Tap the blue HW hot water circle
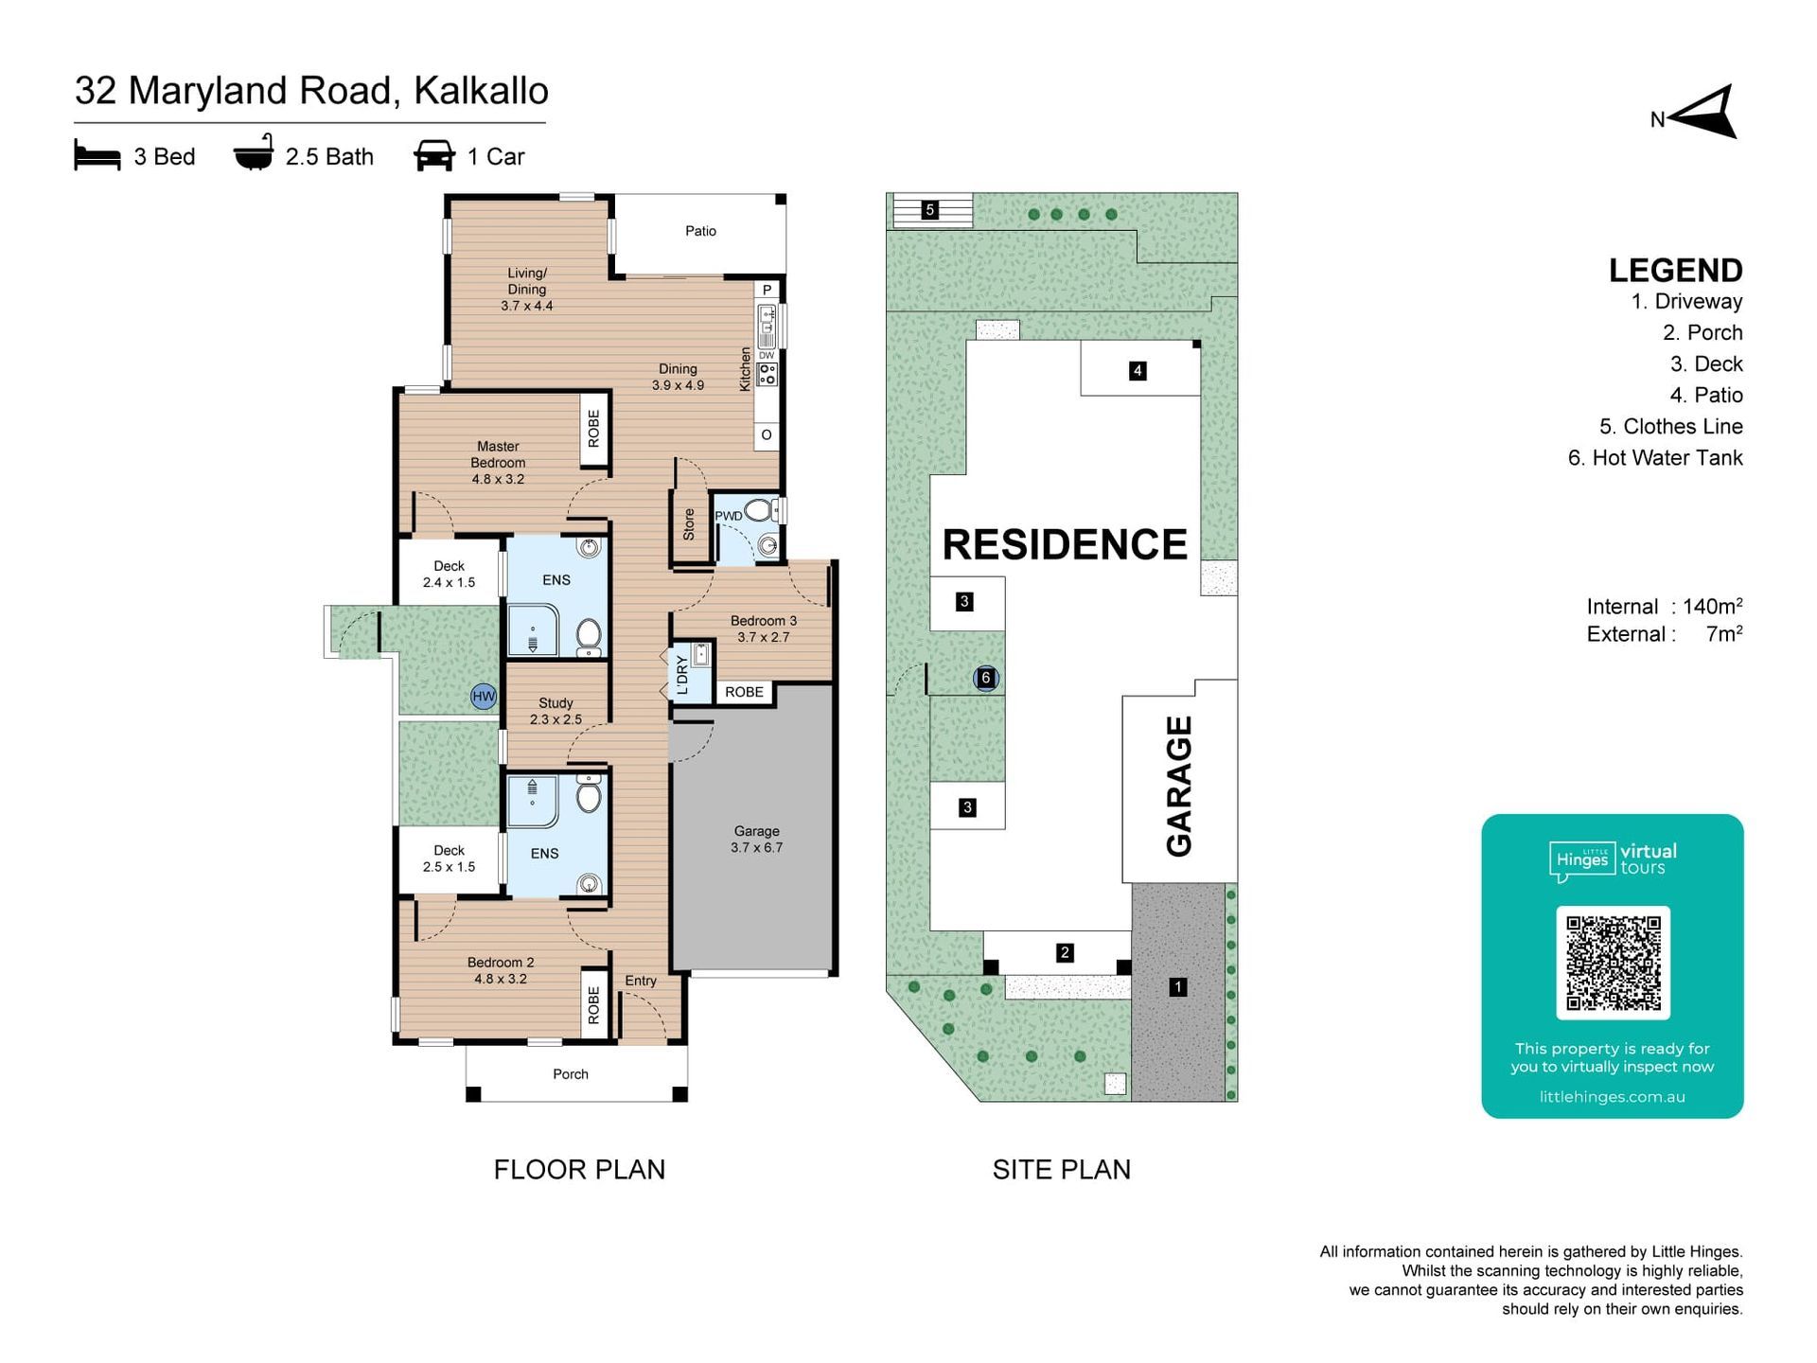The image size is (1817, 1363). [x=484, y=697]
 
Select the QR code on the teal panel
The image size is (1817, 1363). [x=1613, y=963]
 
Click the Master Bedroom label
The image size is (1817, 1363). [x=498, y=462]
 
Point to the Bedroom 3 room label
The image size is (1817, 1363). [x=763, y=628]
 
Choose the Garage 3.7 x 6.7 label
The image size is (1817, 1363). [x=756, y=839]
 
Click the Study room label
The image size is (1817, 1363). [x=556, y=711]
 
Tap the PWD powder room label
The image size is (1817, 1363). [x=728, y=516]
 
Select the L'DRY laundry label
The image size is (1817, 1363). [x=682, y=675]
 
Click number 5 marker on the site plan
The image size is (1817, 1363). [x=930, y=210]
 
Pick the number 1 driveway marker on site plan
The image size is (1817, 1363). [x=1177, y=987]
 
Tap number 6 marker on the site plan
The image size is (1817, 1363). [x=986, y=678]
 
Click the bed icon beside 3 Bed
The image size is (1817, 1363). [x=97, y=155]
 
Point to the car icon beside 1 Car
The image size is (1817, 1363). [x=434, y=155]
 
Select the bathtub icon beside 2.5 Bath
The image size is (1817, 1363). [x=254, y=152]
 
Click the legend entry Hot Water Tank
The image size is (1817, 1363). [x=1655, y=458]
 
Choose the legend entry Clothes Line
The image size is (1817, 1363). [x=1671, y=427]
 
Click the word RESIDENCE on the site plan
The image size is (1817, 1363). [x=1065, y=544]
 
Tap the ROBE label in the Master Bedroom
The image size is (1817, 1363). [x=593, y=429]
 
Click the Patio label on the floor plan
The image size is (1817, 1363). [x=700, y=231]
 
